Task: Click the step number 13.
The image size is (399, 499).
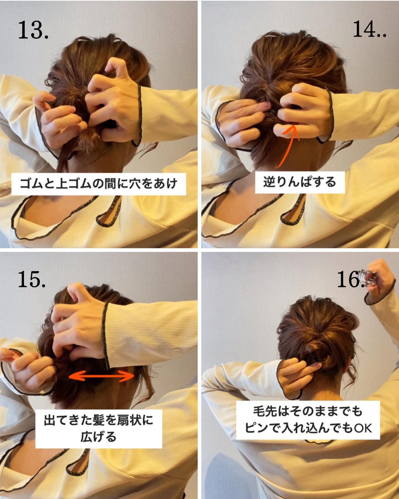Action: [33, 30]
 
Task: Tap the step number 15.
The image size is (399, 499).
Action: [32, 279]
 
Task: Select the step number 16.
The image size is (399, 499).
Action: [350, 279]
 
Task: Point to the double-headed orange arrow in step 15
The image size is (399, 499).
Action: [102, 376]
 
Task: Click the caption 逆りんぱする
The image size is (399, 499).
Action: [300, 182]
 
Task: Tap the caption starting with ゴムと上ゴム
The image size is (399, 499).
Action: [98, 184]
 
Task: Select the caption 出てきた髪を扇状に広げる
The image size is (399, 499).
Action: [98, 428]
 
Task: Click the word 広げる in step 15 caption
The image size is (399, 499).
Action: [98, 437]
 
